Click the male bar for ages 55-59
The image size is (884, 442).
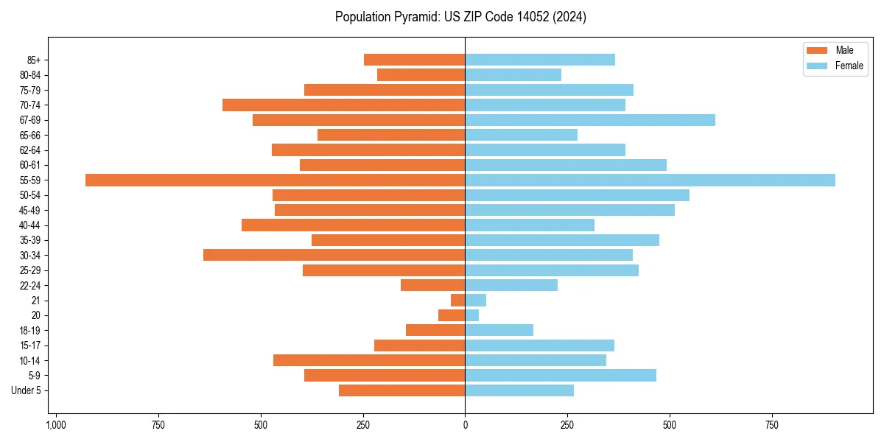pyautogui.click(x=275, y=180)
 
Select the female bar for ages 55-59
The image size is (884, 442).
pyautogui.click(x=650, y=180)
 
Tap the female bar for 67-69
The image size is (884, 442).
pyautogui.click(x=589, y=120)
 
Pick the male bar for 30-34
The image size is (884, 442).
pyautogui.click(x=334, y=255)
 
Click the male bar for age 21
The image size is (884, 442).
pyautogui.click(x=458, y=301)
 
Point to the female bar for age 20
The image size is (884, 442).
pyautogui.click(x=472, y=315)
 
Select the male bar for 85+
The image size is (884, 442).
pyautogui.click(x=414, y=60)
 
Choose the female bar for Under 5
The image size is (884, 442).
pyautogui.click(x=519, y=390)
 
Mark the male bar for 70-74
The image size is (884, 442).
pyautogui.click(x=343, y=105)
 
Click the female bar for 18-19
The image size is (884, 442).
pyautogui.click(x=499, y=330)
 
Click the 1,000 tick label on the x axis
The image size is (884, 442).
pyautogui.click(x=56, y=425)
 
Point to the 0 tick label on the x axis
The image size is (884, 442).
pyautogui.click(x=465, y=425)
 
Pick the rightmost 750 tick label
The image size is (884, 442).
pyautogui.click(x=771, y=425)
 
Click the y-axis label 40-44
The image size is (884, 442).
pyautogui.click(x=30, y=225)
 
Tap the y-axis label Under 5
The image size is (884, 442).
pyautogui.click(x=27, y=390)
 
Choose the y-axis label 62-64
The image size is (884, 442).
pyautogui.click(x=30, y=150)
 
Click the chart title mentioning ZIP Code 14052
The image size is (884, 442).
pyautogui.click(x=460, y=17)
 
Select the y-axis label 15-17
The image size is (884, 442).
pyautogui.click(x=30, y=345)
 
